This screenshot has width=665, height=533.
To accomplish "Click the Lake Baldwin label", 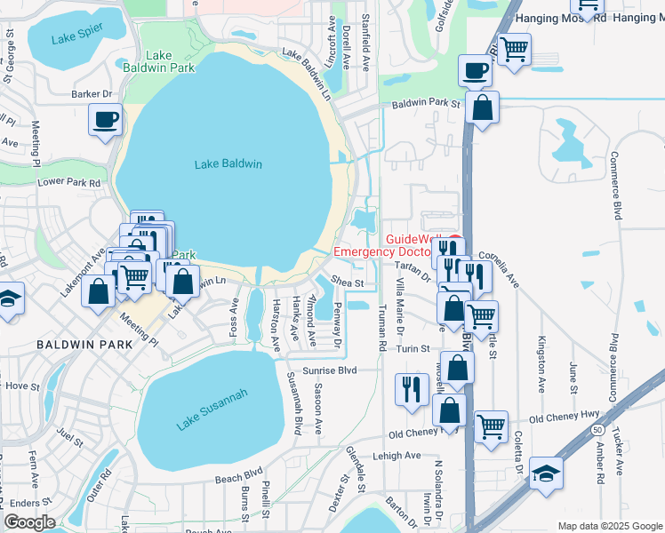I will tap(228, 163).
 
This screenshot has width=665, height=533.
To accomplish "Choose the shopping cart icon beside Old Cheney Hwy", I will tap(491, 427).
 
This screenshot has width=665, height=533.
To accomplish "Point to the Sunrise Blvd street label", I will tap(330, 370).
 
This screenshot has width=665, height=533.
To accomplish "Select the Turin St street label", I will tap(413, 349).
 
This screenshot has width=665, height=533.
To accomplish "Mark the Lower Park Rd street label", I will tap(69, 181).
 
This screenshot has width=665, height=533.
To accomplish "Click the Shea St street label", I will tap(349, 282).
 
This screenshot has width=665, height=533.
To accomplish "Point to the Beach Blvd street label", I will tap(239, 475).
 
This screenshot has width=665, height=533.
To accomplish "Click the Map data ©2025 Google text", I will tap(610, 526).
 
